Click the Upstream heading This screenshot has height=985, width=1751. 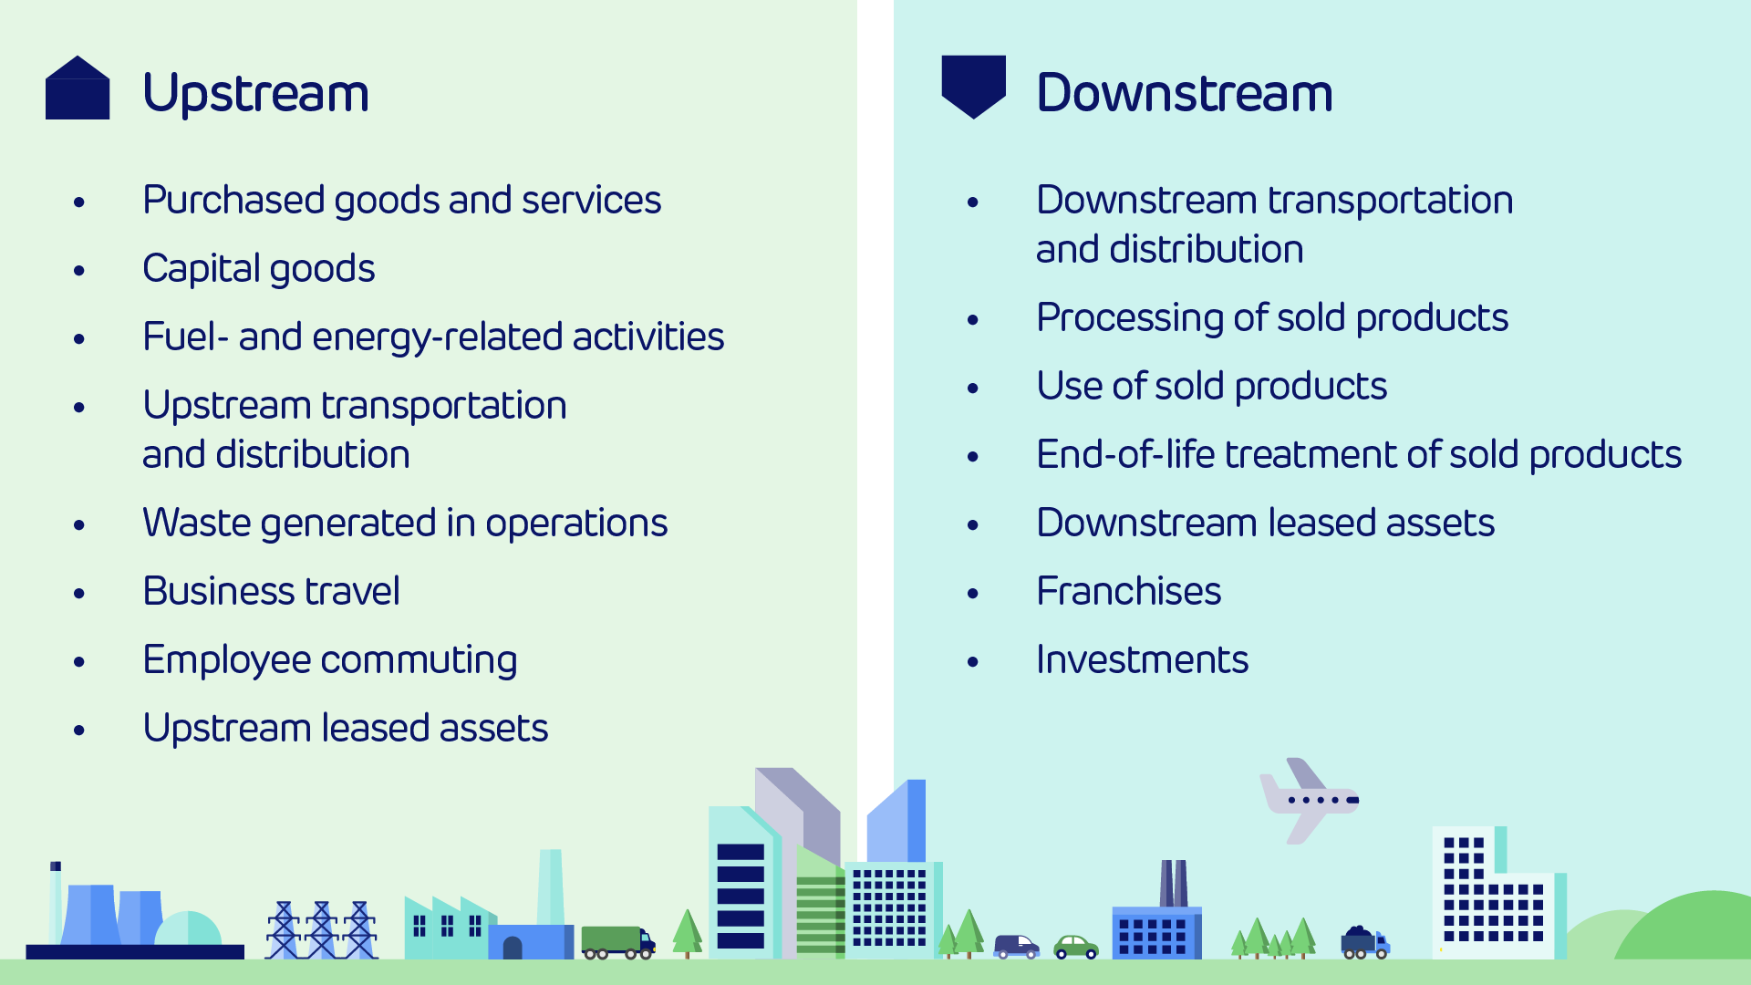(x=256, y=93)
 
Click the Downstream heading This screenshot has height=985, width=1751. (x=1185, y=93)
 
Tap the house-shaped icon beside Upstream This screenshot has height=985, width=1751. (x=78, y=88)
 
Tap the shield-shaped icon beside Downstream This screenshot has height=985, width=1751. (x=974, y=87)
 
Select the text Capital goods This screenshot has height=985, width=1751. (x=259, y=269)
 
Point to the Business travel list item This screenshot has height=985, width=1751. (x=272, y=591)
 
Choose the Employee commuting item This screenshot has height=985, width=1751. (x=330, y=660)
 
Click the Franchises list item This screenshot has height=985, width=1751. (x=1129, y=591)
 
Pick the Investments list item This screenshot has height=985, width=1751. (x=1143, y=659)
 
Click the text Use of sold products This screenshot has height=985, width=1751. (x=1212, y=387)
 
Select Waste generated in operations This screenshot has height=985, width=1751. (x=406, y=524)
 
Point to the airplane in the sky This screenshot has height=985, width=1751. (x=1309, y=800)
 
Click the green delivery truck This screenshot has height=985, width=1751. (x=618, y=942)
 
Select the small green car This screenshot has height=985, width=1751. (x=1076, y=948)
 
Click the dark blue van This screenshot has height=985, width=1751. (x=1017, y=947)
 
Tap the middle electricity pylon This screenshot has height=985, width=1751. (x=322, y=929)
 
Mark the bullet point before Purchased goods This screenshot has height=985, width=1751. (x=79, y=202)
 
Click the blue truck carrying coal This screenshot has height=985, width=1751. (x=1365, y=942)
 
